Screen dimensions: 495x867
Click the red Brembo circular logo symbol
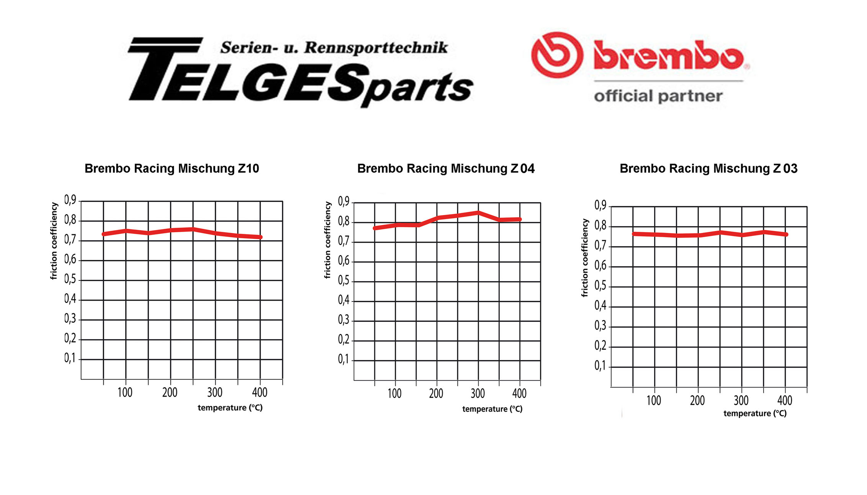[x=557, y=55]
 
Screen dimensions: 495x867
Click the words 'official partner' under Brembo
[x=658, y=96]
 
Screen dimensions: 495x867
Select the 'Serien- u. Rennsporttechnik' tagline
[x=334, y=48]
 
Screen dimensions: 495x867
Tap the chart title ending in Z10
[x=172, y=169]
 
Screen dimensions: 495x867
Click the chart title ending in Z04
[x=446, y=169]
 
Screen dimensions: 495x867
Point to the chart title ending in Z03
[x=708, y=169]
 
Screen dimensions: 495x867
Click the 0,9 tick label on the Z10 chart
[x=70, y=200]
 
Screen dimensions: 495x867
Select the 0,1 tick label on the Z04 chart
[x=344, y=359]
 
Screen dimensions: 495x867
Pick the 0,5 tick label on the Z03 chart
[x=600, y=286]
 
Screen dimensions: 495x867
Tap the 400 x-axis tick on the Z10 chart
[x=260, y=392]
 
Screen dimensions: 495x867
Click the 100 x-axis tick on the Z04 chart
[x=394, y=393]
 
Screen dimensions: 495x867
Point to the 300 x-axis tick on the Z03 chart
[x=741, y=401]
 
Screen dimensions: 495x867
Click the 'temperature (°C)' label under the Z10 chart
[x=230, y=408]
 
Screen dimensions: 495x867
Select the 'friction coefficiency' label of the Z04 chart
[x=327, y=240]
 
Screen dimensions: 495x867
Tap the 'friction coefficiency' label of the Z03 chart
[x=584, y=258]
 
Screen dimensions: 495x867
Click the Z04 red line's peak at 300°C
[x=478, y=212]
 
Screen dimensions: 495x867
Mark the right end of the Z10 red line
[x=260, y=237]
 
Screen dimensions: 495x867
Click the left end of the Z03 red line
[x=634, y=234]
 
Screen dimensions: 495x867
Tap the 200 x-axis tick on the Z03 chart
[x=697, y=401]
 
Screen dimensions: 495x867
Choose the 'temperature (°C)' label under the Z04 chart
[x=492, y=409]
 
